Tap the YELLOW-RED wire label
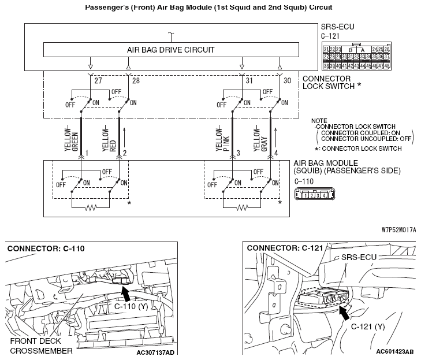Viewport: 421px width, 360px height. [x=109, y=139]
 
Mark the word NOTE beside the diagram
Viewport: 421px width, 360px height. [x=319, y=121]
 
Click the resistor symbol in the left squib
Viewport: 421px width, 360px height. [x=90, y=207]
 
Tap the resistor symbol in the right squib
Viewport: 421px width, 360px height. [x=242, y=207]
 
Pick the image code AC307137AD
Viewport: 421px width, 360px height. [x=156, y=351]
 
